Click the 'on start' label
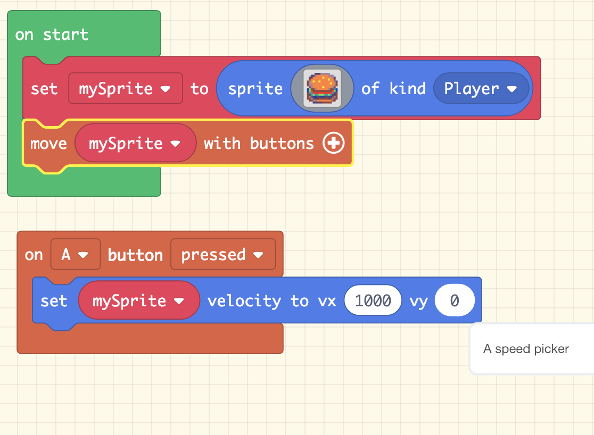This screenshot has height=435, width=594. [52, 35]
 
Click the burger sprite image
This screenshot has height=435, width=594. [322, 88]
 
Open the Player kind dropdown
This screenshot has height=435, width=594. [481, 88]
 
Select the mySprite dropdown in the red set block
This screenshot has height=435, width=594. [125, 88]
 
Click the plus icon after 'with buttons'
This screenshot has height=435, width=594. [334, 143]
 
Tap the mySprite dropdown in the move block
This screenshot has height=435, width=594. [135, 143]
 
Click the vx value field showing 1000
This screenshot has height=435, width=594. [373, 301]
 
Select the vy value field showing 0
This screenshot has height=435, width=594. [454, 301]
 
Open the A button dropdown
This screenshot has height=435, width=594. [75, 255]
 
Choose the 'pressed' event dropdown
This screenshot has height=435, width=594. [222, 255]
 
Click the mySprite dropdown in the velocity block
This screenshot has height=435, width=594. [138, 301]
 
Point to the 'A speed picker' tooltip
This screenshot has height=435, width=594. [526, 349]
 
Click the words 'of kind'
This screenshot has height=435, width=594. [393, 88]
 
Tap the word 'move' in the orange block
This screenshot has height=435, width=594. [48, 144]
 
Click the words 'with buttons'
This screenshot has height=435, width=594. [259, 144]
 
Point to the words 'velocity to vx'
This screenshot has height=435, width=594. [271, 301]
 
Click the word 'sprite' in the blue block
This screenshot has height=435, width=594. [255, 88]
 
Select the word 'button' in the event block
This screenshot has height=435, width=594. [135, 255]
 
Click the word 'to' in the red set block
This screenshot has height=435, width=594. [200, 88]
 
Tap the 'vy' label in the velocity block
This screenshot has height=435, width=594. [418, 301]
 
